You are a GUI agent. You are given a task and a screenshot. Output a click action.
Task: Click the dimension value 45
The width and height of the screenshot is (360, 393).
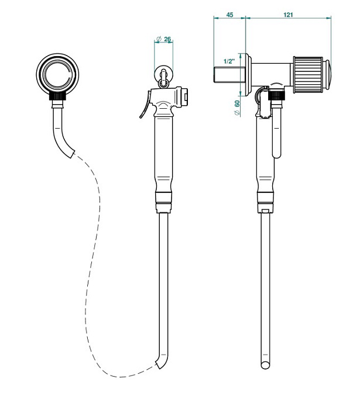229,15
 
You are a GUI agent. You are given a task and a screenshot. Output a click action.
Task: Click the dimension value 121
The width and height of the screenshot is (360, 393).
288,15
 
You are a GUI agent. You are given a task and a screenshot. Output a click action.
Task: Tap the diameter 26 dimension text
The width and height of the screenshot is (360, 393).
163,39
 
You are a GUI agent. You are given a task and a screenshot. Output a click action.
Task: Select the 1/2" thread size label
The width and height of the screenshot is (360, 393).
229,61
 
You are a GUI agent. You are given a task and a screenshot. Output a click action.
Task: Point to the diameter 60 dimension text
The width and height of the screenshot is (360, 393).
237,108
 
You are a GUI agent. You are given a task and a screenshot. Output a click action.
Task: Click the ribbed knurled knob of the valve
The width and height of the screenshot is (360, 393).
308,75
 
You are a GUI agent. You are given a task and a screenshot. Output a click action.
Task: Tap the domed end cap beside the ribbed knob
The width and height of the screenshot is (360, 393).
327,75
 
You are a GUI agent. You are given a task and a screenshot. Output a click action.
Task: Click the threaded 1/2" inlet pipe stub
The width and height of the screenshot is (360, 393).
227,75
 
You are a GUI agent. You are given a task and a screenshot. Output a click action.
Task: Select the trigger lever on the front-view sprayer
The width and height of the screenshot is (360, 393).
145,105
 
